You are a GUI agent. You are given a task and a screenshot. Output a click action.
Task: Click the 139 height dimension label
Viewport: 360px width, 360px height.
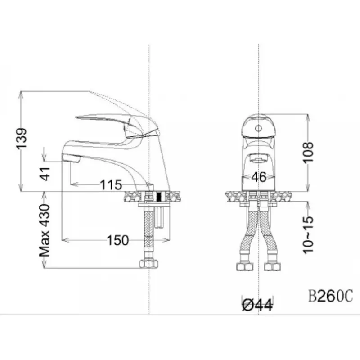pyautogui.click(x=22, y=139)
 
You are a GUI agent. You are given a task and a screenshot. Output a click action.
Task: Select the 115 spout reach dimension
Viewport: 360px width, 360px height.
pyautogui.click(x=111, y=184)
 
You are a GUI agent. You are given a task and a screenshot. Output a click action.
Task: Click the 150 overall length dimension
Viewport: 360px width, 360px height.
pyautogui.click(x=118, y=240)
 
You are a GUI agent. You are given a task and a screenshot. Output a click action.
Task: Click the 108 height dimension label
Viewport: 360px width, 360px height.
pyautogui.click(x=308, y=152)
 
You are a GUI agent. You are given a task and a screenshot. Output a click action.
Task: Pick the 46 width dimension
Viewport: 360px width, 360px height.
pyautogui.click(x=259, y=177)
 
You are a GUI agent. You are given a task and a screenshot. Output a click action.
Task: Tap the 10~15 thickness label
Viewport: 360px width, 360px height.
pyautogui.click(x=308, y=234)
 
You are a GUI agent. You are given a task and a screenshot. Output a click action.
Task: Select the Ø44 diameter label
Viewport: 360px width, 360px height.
pyautogui.click(x=258, y=306)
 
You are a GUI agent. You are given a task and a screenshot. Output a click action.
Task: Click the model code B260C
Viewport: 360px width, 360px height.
pyautogui.click(x=330, y=296)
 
